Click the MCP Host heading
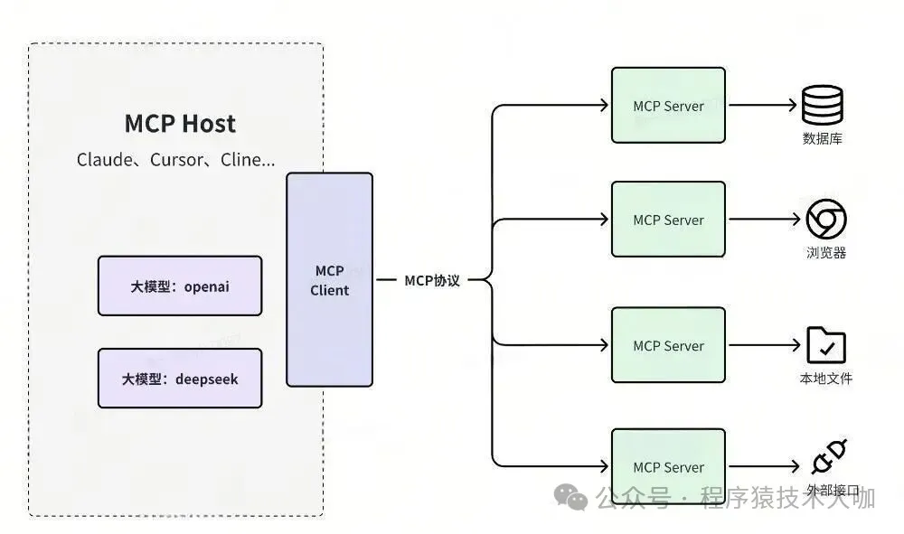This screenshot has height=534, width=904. tap(180, 124)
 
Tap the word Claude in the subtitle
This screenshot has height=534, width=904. tap(104, 160)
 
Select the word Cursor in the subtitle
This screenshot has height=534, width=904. tap(176, 160)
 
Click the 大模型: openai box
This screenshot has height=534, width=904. tap(180, 286)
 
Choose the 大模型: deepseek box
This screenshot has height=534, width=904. tap(180, 378)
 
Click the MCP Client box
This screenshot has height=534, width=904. tap(329, 279)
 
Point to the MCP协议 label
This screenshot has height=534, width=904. tap(432, 280)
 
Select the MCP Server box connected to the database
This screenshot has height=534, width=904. tap(668, 105)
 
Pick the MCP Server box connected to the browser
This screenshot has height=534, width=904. tap(668, 219)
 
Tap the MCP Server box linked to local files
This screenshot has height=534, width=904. tap(668, 344)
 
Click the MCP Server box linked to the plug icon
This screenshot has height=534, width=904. tap(668, 465)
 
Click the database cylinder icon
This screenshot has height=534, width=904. tap(823, 105)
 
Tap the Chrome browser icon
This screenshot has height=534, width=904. tap(825, 219)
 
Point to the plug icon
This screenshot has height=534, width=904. tap(829, 456)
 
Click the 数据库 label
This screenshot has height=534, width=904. tap(823, 138)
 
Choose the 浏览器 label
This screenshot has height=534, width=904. tap(826, 252)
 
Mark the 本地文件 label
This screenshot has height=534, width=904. tap(825, 378)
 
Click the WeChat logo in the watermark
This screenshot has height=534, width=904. tap(570, 497)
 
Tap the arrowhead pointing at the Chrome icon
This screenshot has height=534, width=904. tap(796, 219)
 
